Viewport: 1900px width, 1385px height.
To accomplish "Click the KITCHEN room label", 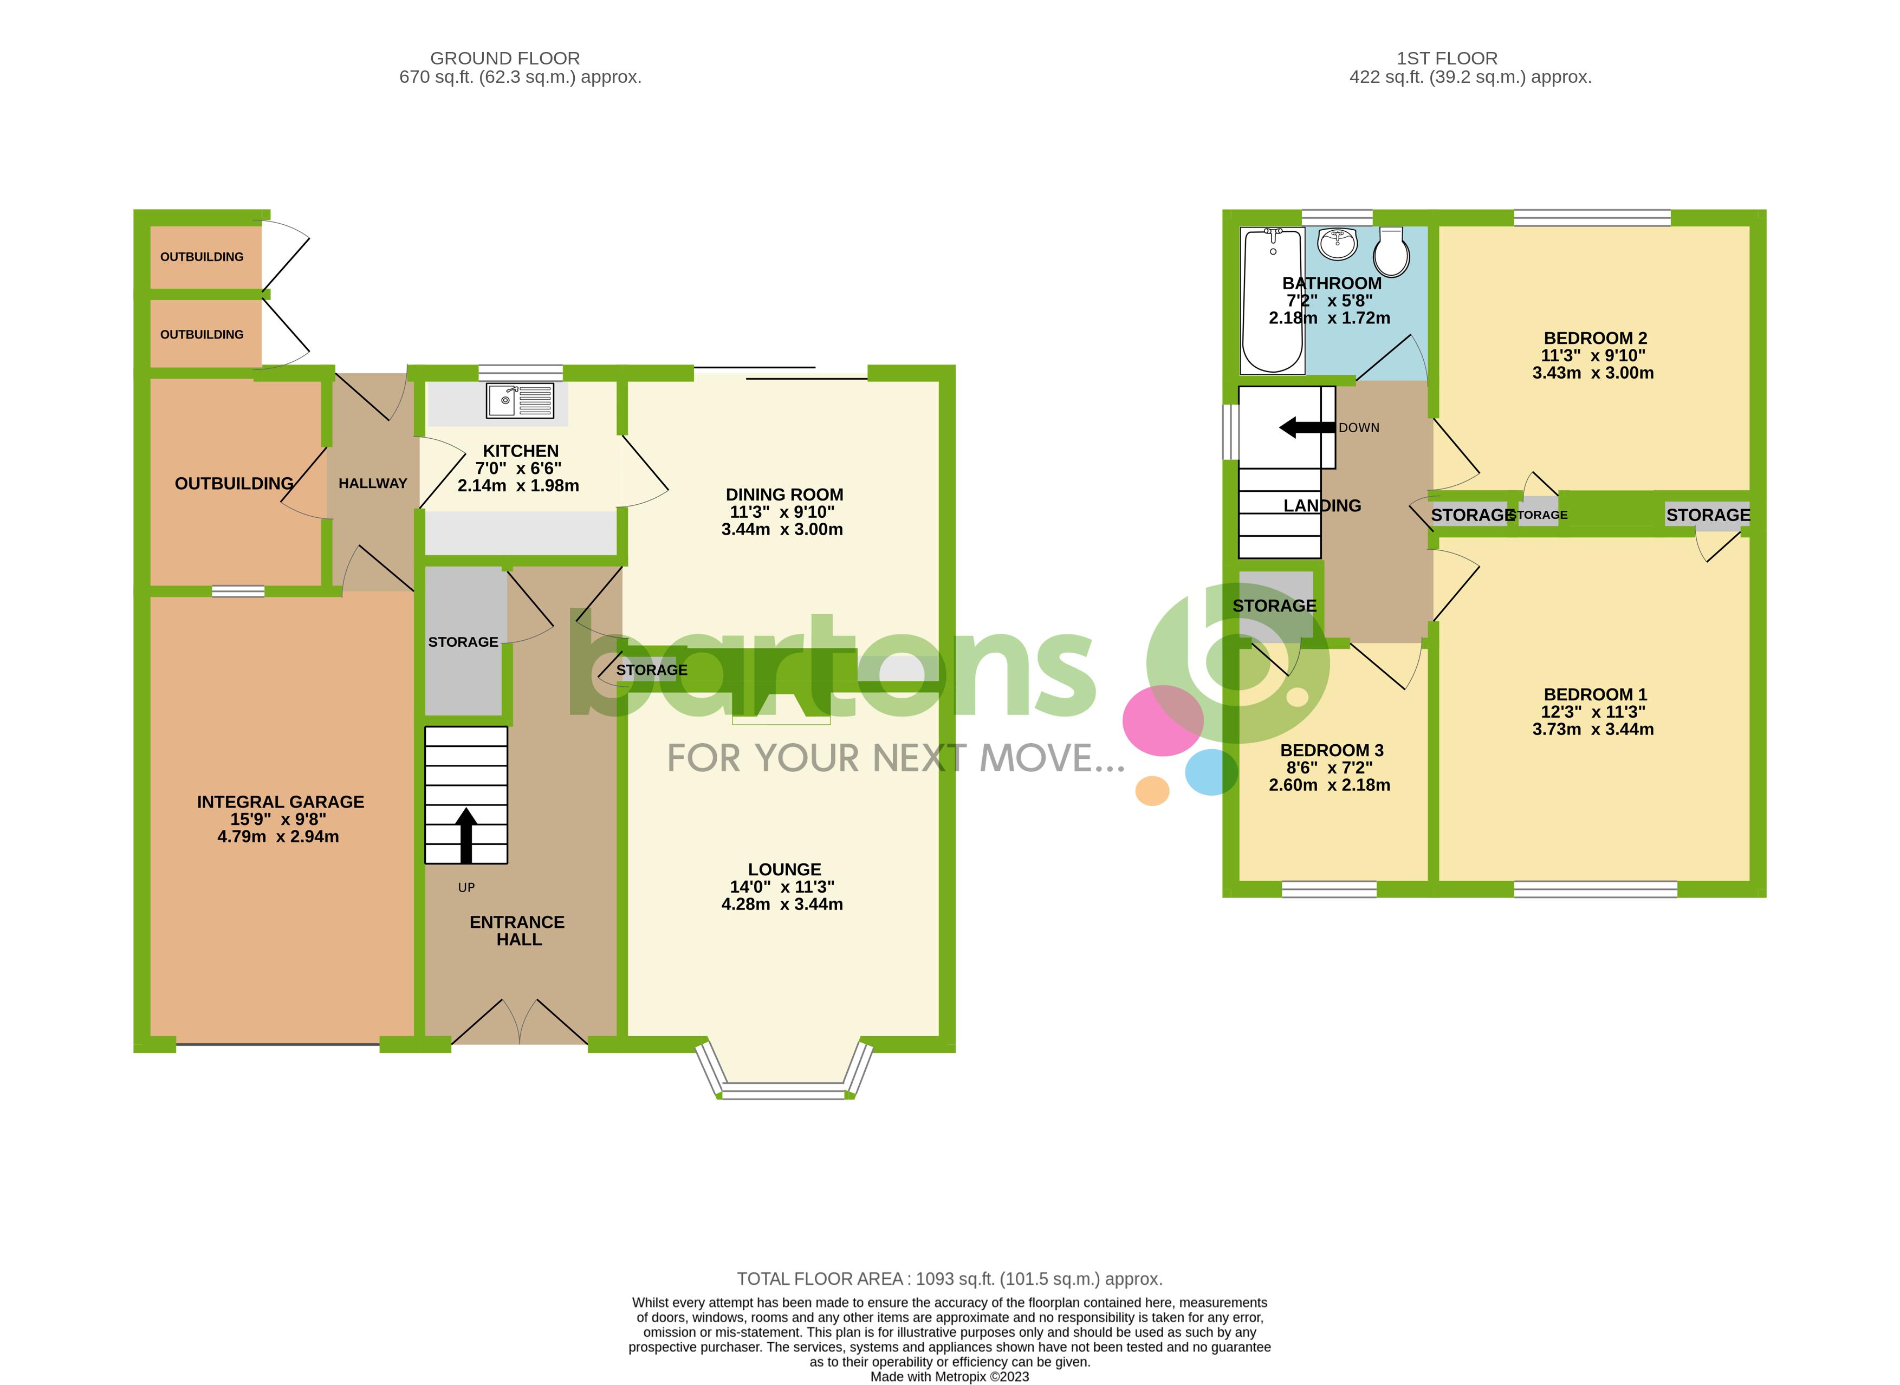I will [520, 451].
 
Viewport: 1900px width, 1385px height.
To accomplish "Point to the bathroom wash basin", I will [1338, 243].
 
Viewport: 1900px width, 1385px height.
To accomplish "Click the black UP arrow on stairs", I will [466, 834].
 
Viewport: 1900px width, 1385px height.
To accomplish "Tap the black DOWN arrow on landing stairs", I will [1306, 427].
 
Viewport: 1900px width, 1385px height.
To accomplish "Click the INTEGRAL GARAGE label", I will [280, 802].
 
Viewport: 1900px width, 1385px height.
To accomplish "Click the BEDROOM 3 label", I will [1332, 750].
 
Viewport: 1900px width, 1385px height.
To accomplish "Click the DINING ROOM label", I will [784, 495].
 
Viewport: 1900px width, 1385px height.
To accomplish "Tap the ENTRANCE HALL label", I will [517, 931].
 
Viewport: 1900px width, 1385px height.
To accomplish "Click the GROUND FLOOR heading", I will [505, 58].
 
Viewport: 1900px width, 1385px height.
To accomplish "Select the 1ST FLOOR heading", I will [1447, 58].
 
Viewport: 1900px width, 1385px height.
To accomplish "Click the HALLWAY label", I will [372, 484].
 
